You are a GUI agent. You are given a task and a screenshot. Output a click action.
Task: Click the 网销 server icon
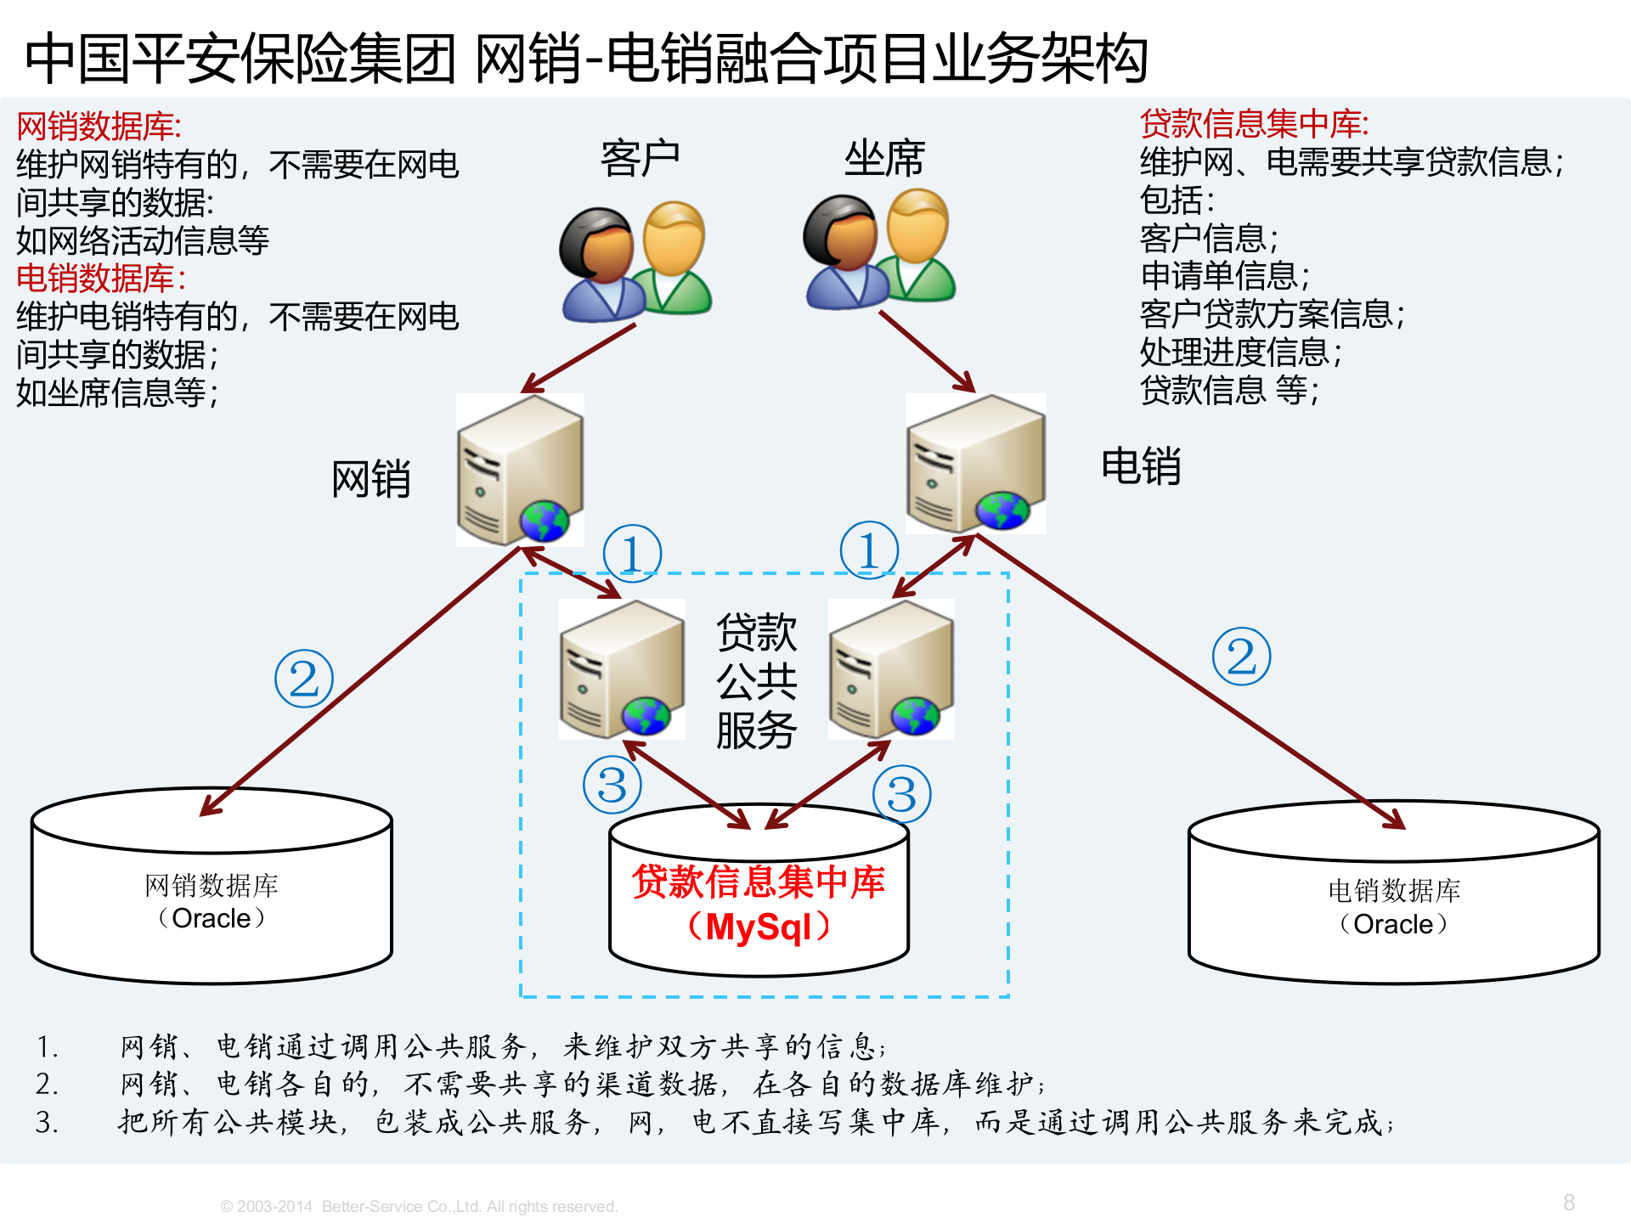(520, 470)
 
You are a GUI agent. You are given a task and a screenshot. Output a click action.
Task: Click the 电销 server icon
(975, 464)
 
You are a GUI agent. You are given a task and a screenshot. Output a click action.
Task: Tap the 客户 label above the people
(640, 159)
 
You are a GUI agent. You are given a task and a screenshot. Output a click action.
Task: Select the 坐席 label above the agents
(883, 159)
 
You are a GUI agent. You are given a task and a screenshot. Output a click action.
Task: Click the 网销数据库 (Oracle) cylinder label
(212, 902)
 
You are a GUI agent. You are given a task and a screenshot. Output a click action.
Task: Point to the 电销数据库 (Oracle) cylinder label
(1394, 907)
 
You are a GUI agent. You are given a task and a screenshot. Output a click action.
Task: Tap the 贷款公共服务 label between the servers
(756, 680)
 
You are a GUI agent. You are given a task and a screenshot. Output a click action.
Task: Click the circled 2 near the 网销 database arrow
(304, 679)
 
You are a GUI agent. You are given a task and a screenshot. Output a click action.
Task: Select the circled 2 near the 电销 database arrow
(1241, 657)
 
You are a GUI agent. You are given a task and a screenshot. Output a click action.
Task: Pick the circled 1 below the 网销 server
(632, 554)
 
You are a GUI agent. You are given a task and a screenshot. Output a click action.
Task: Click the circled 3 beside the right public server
(901, 795)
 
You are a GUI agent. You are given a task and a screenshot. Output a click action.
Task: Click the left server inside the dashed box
(622, 669)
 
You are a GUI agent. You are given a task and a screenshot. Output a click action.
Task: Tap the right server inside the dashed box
(891, 669)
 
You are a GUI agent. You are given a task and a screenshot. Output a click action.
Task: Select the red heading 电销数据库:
(101, 279)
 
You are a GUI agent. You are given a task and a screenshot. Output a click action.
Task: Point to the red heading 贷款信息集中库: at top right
(1254, 124)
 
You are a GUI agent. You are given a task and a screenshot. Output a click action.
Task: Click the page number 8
(1568, 1203)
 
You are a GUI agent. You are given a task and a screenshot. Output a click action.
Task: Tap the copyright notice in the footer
(419, 1206)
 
